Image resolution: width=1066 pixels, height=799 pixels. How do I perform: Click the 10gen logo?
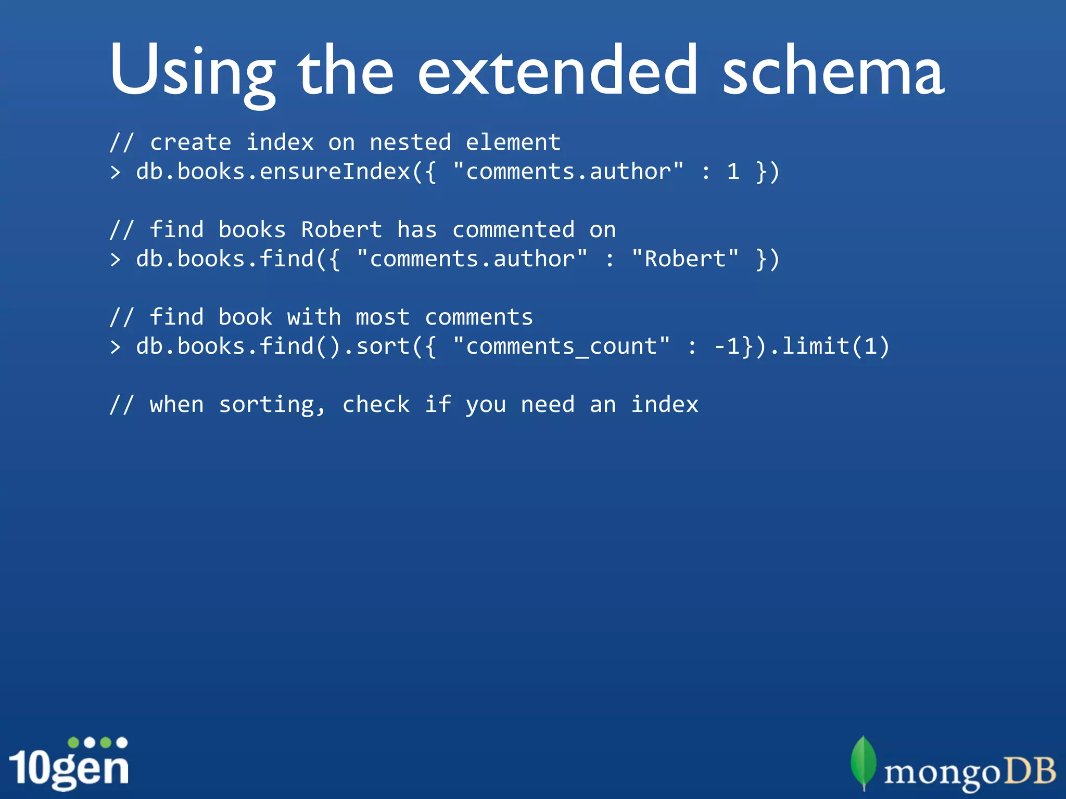pos(69,764)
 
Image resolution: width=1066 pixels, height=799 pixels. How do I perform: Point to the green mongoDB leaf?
pos(863,761)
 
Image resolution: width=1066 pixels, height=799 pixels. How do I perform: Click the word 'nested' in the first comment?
pos(410,143)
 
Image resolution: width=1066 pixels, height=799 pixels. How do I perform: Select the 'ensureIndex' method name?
pos(335,172)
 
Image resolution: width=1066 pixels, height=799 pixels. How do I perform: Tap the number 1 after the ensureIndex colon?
pos(733,172)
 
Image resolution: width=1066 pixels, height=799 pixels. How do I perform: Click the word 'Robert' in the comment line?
pos(341,230)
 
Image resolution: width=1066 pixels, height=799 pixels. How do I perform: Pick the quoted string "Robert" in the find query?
pos(685,259)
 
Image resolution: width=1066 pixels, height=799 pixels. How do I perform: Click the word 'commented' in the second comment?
pos(513,230)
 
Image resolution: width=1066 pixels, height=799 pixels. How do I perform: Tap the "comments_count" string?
pos(561,346)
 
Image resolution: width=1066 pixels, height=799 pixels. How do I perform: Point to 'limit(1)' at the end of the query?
pos(836,346)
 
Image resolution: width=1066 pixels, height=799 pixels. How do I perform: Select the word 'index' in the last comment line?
pos(665,405)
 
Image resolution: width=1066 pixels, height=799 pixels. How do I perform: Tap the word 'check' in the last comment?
pos(376,405)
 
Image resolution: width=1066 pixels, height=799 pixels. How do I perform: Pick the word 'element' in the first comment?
pos(513,143)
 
